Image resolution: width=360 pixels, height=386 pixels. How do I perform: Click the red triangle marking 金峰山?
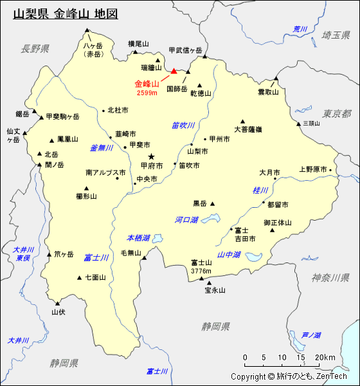pos(174,72)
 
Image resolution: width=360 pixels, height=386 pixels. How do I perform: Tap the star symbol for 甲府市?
pos(152,156)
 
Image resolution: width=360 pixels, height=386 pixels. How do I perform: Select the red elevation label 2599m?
pos(147,93)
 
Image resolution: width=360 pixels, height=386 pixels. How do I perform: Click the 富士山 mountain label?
pos(201,262)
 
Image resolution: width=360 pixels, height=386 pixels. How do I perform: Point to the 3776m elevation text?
pos(201,271)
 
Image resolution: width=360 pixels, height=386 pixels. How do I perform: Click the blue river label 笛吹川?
pos(183,125)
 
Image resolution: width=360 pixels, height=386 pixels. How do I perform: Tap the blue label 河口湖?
pos(186,220)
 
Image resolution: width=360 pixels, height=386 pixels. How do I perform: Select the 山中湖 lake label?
pos(229,255)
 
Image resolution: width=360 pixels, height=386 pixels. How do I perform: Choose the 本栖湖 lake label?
pos(138,238)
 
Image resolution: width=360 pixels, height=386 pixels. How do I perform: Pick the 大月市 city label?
pos(269,173)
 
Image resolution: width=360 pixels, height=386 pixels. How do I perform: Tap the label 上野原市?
pos(313,169)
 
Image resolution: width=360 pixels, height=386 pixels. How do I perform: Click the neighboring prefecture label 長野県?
pos(35,48)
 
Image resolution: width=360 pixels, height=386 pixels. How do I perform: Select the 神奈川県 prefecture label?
pos(330,277)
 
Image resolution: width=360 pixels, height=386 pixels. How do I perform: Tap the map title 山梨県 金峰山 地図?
pos(65,13)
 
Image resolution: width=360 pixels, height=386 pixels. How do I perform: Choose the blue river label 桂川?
pos(260,190)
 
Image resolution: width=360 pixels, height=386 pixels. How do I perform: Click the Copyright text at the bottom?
pos(289,376)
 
